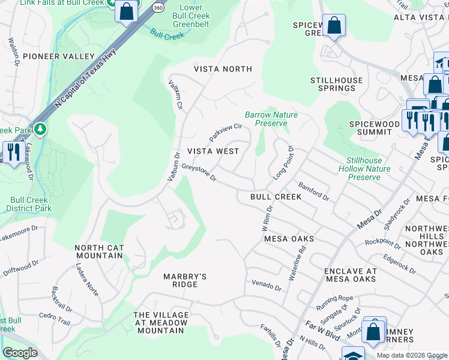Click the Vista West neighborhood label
(x=213, y=151)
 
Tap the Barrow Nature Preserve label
(x=271, y=119)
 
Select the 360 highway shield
(x=157, y=8)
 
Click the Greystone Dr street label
(x=199, y=175)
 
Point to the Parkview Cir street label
(x=225, y=132)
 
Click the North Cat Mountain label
(x=99, y=251)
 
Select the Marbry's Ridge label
(x=185, y=280)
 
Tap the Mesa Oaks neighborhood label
(x=289, y=239)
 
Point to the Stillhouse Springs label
(x=337, y=84)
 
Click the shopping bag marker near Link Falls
(x=127, y=11)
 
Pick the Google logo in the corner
(x=20, y=353)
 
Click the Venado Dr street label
(x=266, y=285)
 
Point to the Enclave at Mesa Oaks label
(x=351, y=275)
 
